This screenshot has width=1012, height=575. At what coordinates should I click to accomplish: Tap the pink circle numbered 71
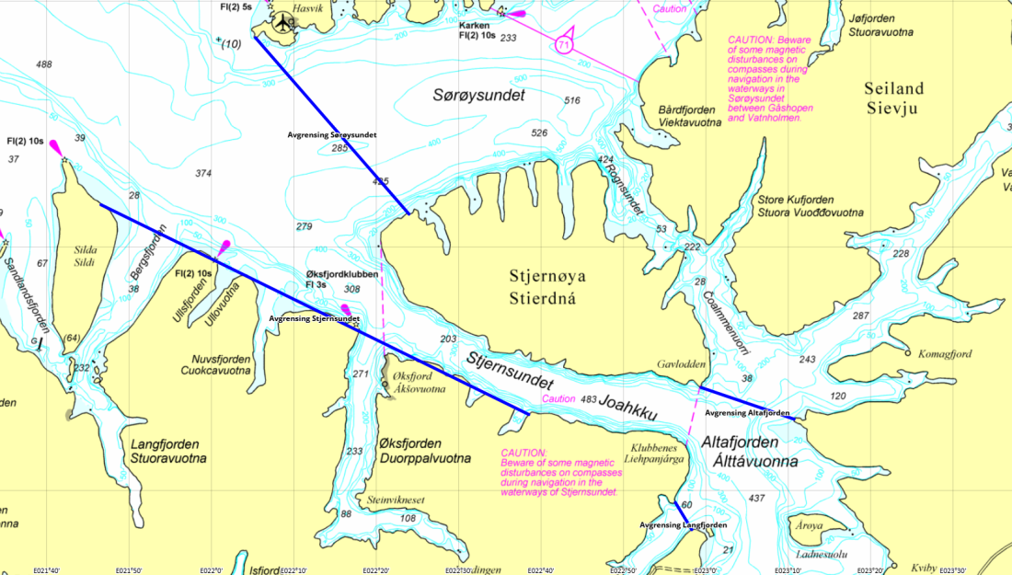coord(565,43)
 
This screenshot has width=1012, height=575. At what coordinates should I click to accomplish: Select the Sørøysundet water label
coord(479,96)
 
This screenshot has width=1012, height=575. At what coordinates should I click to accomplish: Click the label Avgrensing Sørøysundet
coord(332,134)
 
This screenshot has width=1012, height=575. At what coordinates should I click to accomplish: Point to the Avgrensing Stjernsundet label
coord(314,318)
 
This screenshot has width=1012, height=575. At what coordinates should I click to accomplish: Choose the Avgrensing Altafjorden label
coord(747,413)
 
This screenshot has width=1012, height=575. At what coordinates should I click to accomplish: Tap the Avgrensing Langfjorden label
coord(683,524)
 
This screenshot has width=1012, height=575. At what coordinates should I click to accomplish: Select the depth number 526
coord(540,133)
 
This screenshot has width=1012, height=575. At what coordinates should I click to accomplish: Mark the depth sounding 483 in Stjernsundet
coord(590,398)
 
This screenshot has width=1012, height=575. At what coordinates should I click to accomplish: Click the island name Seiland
coord(893,88)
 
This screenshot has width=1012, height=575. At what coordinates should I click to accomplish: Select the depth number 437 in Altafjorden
coord(757,498)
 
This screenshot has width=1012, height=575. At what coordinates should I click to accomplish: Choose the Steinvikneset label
coord(396,500)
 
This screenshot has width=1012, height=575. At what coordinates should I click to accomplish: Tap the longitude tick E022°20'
coord(375,570)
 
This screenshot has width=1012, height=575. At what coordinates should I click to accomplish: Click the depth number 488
coord(43,64)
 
